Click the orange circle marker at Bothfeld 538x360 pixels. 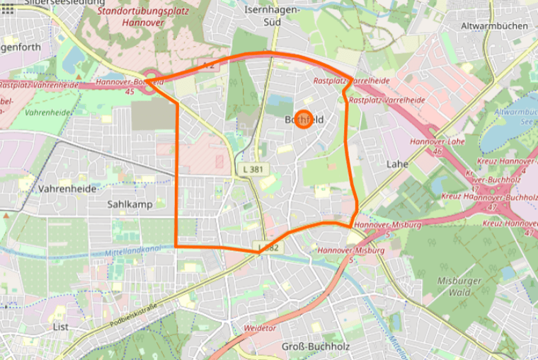[x=303, y=120]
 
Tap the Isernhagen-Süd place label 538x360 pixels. [x=272, y=16]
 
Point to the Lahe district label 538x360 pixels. [x=397, y=163]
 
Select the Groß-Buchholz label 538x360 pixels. [x=312, y=346]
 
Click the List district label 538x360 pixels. [x=62, y=327]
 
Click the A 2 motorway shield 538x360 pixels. [x=208, y=64]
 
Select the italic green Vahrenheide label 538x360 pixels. [x=47, y=112]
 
